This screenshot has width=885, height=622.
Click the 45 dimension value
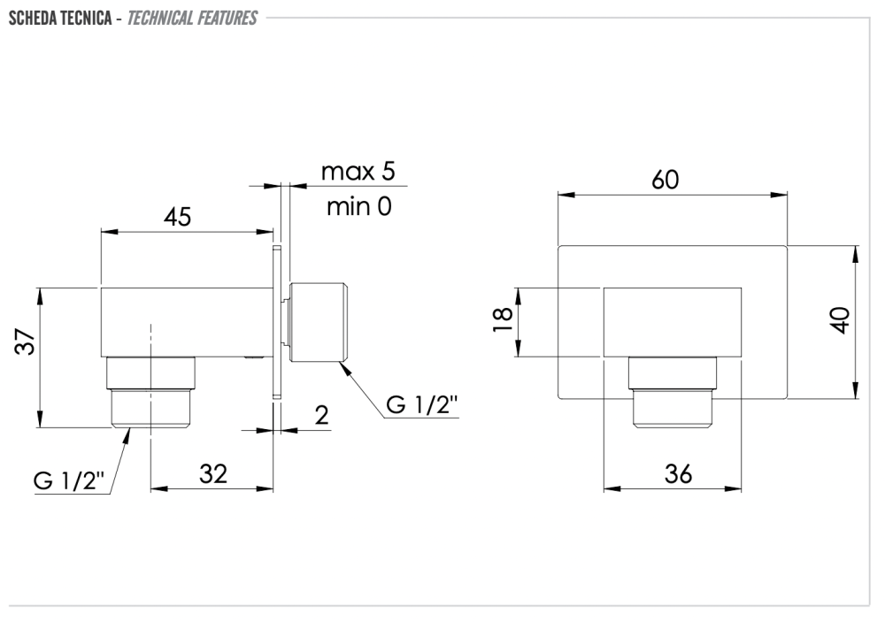178,216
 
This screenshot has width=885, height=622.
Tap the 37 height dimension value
26,341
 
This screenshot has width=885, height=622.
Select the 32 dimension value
213,473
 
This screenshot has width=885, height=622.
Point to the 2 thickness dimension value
322,416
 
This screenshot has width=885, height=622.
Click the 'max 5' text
358,171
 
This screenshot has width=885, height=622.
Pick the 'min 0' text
359,206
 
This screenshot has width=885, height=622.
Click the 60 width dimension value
666,180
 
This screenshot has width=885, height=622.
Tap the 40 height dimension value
842,320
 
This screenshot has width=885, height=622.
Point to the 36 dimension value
678,473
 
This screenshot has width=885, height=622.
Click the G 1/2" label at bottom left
69,481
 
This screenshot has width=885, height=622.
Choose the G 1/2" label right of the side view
421,404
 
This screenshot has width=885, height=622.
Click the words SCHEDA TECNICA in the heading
60,18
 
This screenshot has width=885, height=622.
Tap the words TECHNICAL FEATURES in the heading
192,18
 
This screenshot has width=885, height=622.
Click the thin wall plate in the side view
276,323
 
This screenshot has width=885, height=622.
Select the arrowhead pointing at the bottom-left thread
126,435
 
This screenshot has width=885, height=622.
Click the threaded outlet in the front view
673,393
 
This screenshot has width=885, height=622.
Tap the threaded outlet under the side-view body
150,393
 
